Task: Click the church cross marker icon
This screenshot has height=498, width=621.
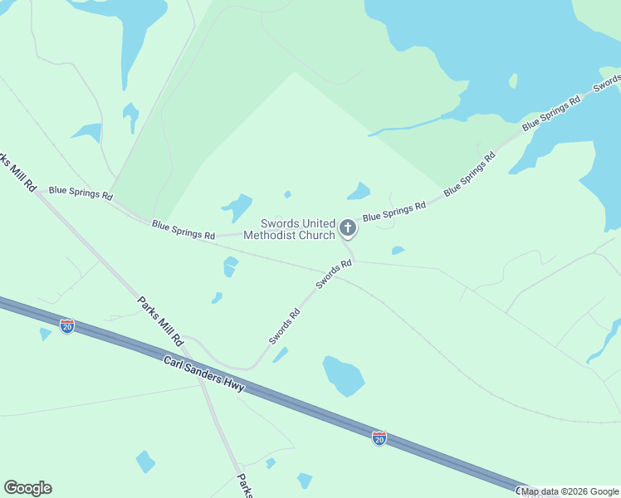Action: click(x=347, y=227)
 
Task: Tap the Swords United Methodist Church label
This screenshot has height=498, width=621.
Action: click(x=298, y=229)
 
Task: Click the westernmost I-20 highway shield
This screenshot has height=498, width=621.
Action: click(x=67, y=326)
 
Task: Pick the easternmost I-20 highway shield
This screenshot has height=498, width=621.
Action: click(x=379, y=437)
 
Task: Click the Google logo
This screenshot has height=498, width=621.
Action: click(x=27, y=488)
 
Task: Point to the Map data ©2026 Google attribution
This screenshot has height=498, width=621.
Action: click(x=570, y=491)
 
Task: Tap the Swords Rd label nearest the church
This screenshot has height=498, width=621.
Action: click(x=334, y=275)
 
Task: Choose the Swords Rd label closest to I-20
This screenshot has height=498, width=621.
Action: click(x=284, y=327)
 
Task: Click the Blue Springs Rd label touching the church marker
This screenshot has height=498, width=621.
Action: click(x=394, y=211)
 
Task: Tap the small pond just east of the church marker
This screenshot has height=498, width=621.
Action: click(x=398, y=250)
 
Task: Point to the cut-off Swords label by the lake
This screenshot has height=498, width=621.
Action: click(x=608, y=83)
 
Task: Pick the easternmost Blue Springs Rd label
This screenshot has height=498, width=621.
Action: click(x=551, y=115)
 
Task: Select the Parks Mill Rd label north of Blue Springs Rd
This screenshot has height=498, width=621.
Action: click(x=18, y=172)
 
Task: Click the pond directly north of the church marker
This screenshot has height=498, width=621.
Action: click(x=359, y=192)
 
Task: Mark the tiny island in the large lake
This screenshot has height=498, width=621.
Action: click(x=513, y=81)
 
